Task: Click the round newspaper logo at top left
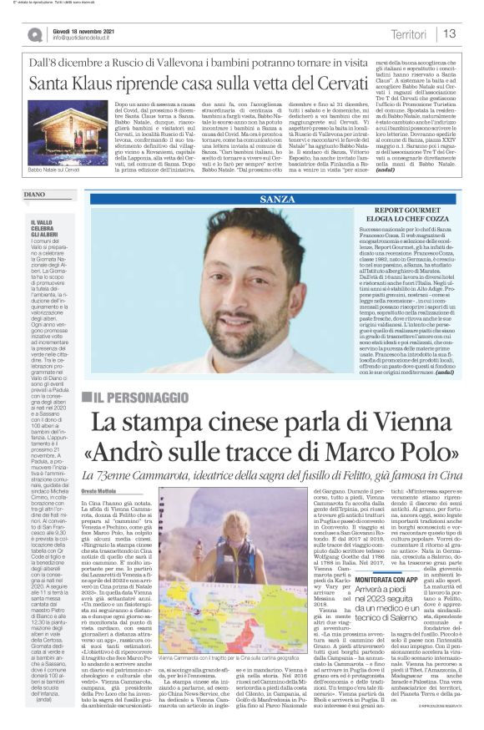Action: [33, 33]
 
